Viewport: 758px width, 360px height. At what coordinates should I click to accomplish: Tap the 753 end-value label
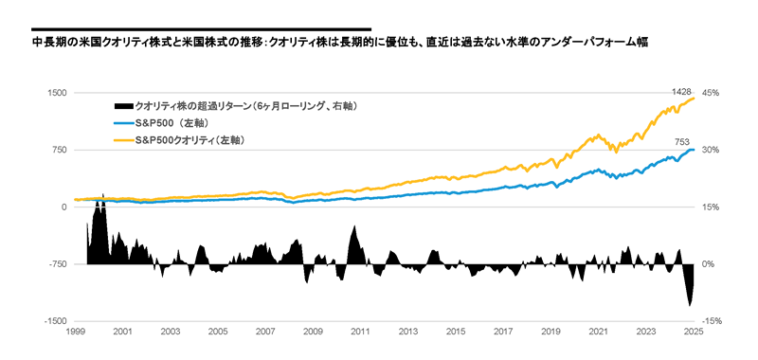click(681, 141)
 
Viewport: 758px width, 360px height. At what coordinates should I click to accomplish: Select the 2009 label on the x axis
click(313, 333)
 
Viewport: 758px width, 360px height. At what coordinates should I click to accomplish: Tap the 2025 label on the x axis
click(694, 333)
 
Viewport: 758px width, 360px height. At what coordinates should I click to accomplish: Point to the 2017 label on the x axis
click(503, 333)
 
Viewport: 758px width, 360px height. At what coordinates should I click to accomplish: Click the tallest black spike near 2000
click(102, 194)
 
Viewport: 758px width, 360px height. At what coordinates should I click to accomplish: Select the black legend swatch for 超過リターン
click(122, 105)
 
